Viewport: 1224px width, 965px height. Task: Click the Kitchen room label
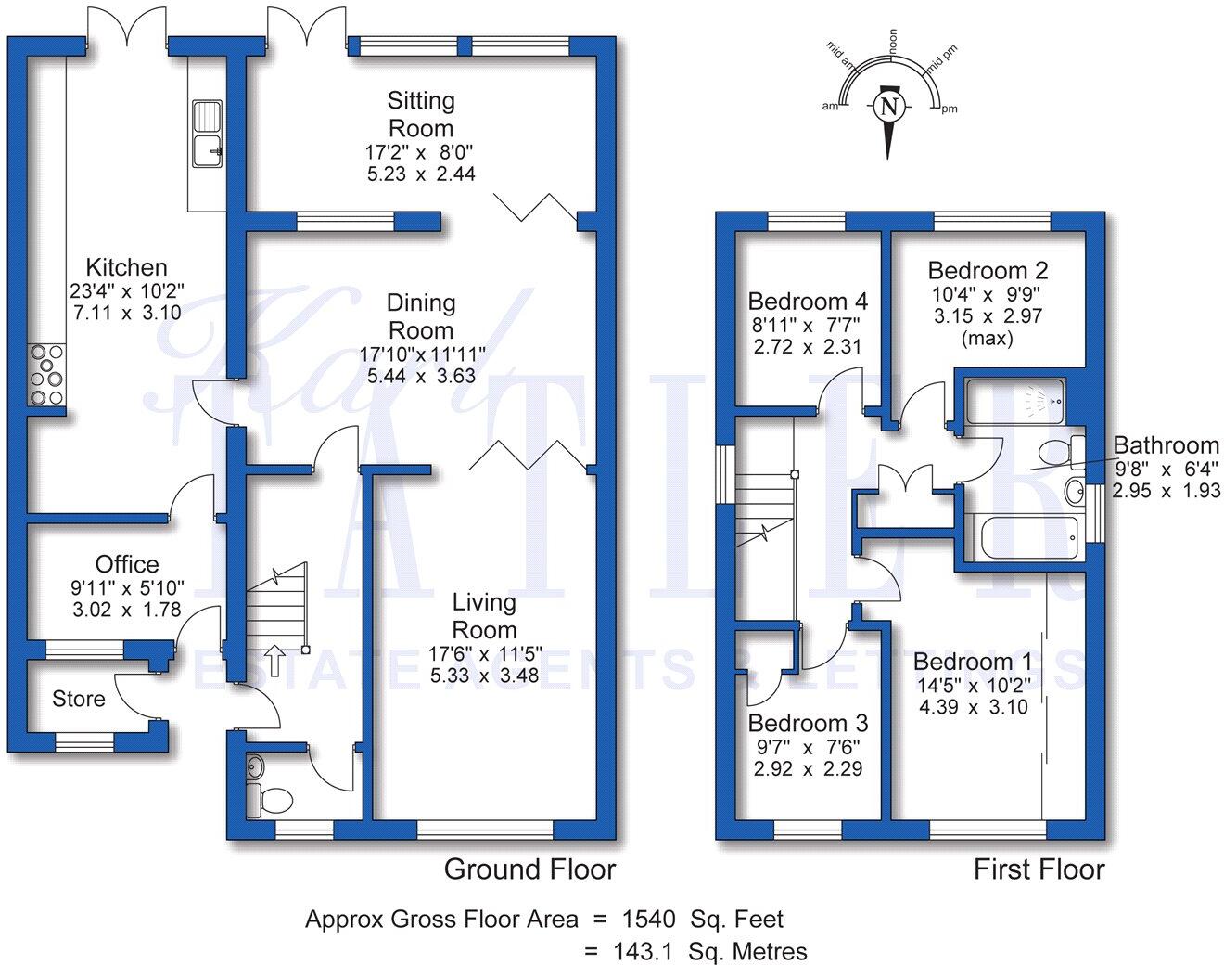click(126, 267)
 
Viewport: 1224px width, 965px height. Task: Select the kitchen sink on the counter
click(207, 134)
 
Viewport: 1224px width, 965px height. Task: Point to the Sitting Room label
click(421, 113)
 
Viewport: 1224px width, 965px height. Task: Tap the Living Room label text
click(483, 615)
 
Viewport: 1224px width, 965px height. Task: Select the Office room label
click(127, 564)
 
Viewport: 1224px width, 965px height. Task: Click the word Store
click(79, 699)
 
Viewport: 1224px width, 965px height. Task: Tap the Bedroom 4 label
click(808, 301)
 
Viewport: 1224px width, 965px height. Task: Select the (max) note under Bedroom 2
click(987, 338)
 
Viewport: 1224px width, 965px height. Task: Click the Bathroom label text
click(1166, 445)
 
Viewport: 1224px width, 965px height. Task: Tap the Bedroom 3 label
click(808, 723)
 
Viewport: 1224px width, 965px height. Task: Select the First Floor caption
click(1039, 869)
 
